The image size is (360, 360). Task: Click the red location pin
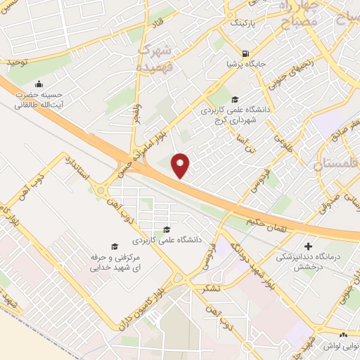(181, 165)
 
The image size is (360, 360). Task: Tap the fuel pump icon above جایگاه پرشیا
(245, 53)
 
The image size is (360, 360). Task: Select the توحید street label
(17, 63)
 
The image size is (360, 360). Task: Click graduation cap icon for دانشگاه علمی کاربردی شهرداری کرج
(234, 99)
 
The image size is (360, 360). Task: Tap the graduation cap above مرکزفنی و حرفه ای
(114, 246)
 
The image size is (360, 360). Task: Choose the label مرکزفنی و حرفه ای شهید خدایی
(115, 263)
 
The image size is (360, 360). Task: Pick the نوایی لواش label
(341, 346)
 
